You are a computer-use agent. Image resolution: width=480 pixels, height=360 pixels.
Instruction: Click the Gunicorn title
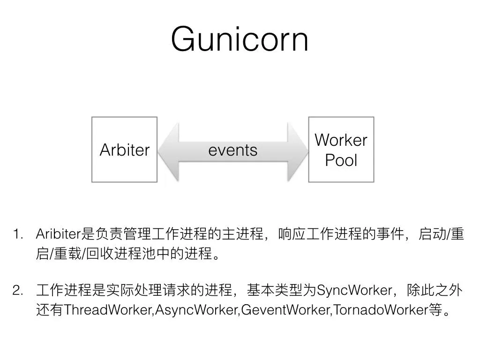240,39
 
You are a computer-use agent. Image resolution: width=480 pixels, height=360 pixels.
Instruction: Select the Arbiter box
124,150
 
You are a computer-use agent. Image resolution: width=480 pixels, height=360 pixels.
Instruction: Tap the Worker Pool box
341,150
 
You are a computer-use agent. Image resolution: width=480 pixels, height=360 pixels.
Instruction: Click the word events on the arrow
232,150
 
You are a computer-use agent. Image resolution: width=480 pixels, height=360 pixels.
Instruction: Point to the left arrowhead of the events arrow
168,150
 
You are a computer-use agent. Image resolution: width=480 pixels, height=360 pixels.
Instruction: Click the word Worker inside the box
341,140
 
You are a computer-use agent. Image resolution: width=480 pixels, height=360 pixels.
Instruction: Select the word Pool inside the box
341,160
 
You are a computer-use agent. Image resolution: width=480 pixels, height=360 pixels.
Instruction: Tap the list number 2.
18,291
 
